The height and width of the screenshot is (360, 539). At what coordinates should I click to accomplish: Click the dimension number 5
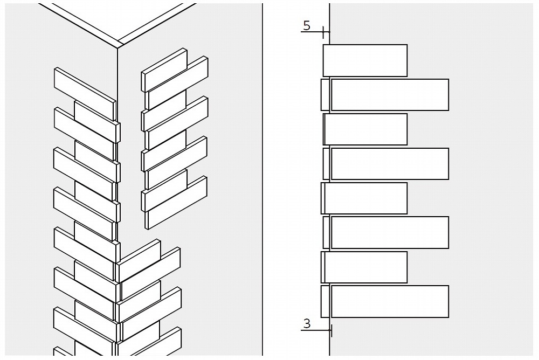click(307, 25)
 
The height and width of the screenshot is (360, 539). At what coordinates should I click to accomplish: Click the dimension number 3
click(307, 323)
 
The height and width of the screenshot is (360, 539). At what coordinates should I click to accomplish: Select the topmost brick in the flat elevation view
click(365, 60)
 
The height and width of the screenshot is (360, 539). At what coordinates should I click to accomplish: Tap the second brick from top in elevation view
click(390, 95)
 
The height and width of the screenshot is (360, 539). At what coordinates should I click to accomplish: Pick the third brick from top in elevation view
click(365, 129)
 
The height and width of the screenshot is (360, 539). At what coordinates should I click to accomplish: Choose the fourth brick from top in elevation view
click(390, 164)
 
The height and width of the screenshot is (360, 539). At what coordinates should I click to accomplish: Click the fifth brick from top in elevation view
click(365, 198)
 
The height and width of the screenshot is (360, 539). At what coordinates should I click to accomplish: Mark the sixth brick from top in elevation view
click(390, 233)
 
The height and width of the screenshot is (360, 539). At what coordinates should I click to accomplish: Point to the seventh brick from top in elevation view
click(365, 267)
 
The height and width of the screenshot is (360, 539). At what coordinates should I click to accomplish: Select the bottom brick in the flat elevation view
click(390, 301)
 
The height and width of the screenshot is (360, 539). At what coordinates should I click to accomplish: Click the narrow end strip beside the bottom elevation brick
click(325, 301)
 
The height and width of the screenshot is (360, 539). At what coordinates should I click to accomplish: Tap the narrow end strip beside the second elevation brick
click(325, 95)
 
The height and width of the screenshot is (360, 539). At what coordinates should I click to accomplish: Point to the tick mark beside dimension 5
click(323, 32)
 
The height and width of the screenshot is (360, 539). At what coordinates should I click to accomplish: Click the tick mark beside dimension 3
click(330, 330)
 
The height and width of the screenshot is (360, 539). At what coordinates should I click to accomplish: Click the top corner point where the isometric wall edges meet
click(118, 48)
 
